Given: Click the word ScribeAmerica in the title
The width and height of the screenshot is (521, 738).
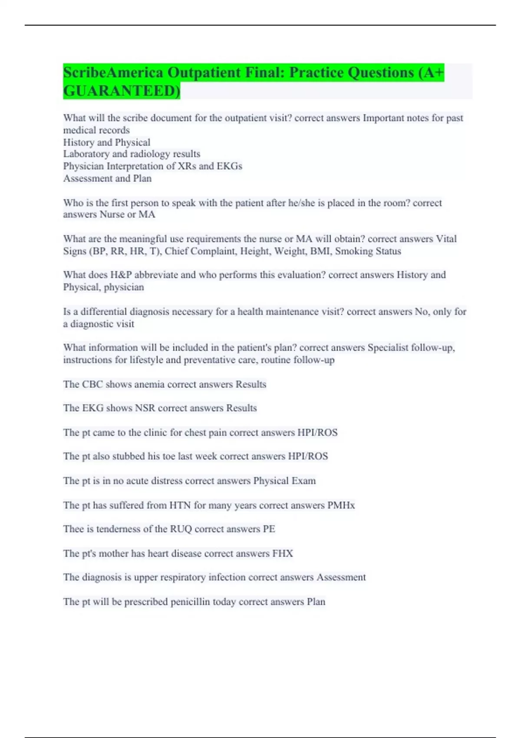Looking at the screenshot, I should [x=113, y=72].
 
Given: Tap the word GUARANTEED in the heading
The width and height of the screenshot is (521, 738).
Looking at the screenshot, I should [x=120, y=91].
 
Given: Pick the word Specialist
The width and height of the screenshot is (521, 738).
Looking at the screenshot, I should [x=388, y=348].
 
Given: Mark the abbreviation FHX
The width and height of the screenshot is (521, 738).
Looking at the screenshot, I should [x=282, y=553].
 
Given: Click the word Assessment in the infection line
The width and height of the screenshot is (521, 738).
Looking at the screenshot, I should [x=341, y=577].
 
